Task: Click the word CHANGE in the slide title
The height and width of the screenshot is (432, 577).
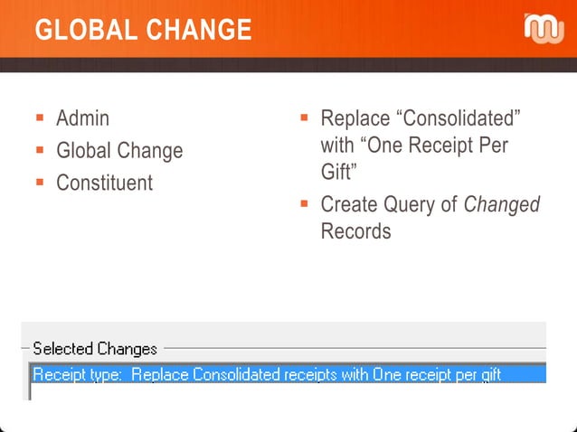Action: [199, 30]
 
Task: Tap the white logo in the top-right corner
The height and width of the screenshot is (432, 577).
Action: [544, 29]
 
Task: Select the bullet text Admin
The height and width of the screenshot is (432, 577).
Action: [82, 118]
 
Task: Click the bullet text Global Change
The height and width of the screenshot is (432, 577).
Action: [118, 151]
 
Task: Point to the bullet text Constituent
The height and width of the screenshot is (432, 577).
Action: [104, 183]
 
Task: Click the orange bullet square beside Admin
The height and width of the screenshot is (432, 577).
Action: [40, 118]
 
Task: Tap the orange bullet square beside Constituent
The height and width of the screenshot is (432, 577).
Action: [40, 183]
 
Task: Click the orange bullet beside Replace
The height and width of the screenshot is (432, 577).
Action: [305, 118]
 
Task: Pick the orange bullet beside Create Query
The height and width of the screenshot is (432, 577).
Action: [305, 204]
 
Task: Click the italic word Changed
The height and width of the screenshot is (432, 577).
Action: [501, 205]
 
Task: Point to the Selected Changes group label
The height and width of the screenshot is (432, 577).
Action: [95, 349]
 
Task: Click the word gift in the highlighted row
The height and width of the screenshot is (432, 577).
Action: [486, 374]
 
